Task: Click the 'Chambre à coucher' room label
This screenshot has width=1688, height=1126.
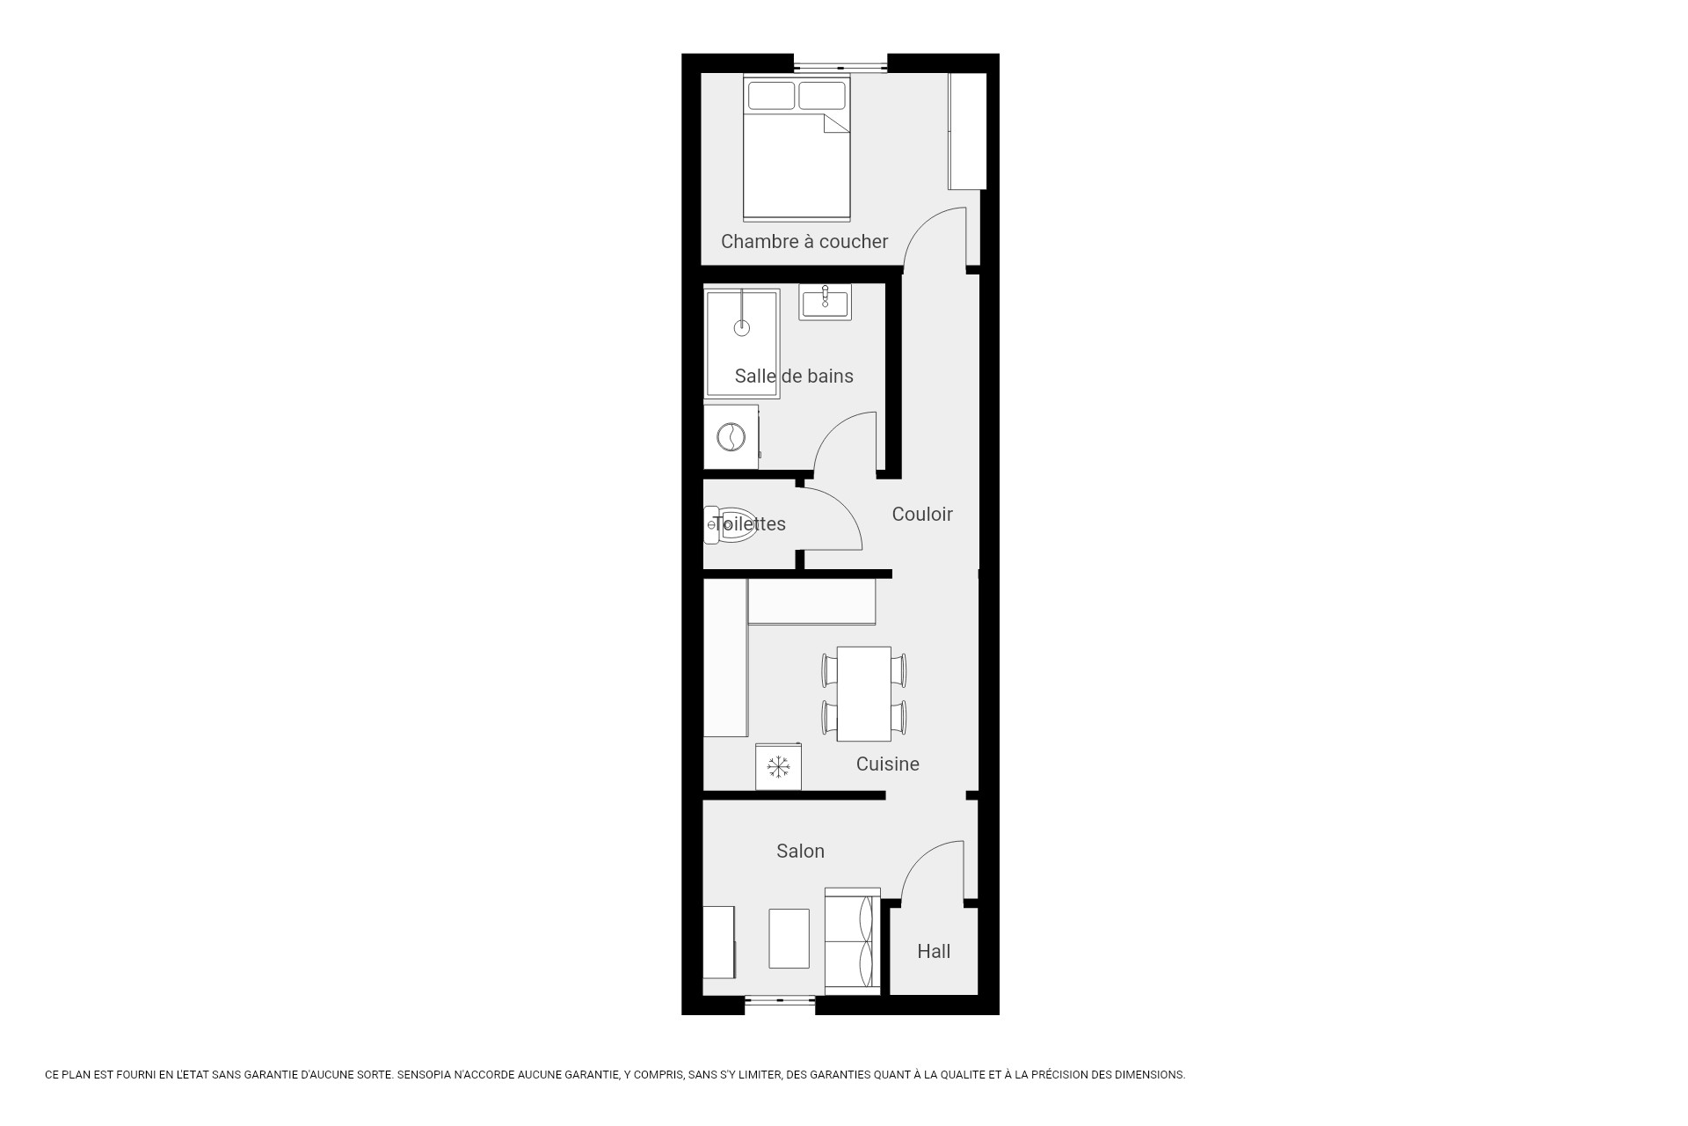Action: pos(804,241)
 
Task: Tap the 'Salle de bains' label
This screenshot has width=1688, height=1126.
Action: pos(794,376)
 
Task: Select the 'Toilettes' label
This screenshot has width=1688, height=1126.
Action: pos(749,523)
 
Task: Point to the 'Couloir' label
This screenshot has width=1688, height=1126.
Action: pos(922,514)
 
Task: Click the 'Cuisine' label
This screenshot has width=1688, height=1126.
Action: pos(888,764)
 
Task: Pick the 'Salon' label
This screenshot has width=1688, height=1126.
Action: pos(800,851)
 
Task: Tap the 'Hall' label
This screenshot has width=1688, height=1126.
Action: pos(934,951)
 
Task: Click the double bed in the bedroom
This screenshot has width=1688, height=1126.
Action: pos(797,147)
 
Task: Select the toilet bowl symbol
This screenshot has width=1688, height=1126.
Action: pos(731,525)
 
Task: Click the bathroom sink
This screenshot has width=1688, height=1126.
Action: pos(825,302)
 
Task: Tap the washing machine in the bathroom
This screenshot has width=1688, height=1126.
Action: pos(731,437)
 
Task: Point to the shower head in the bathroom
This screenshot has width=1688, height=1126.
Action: pos(742,328)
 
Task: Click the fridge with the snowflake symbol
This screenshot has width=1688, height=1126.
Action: pos(778,766)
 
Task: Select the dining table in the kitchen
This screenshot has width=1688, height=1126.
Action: pos(864,694)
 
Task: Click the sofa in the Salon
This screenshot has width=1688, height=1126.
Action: pos(853,941)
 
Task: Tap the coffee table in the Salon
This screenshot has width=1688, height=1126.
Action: pos(789,939)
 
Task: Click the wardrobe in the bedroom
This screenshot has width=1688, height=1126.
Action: pos(967,131)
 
